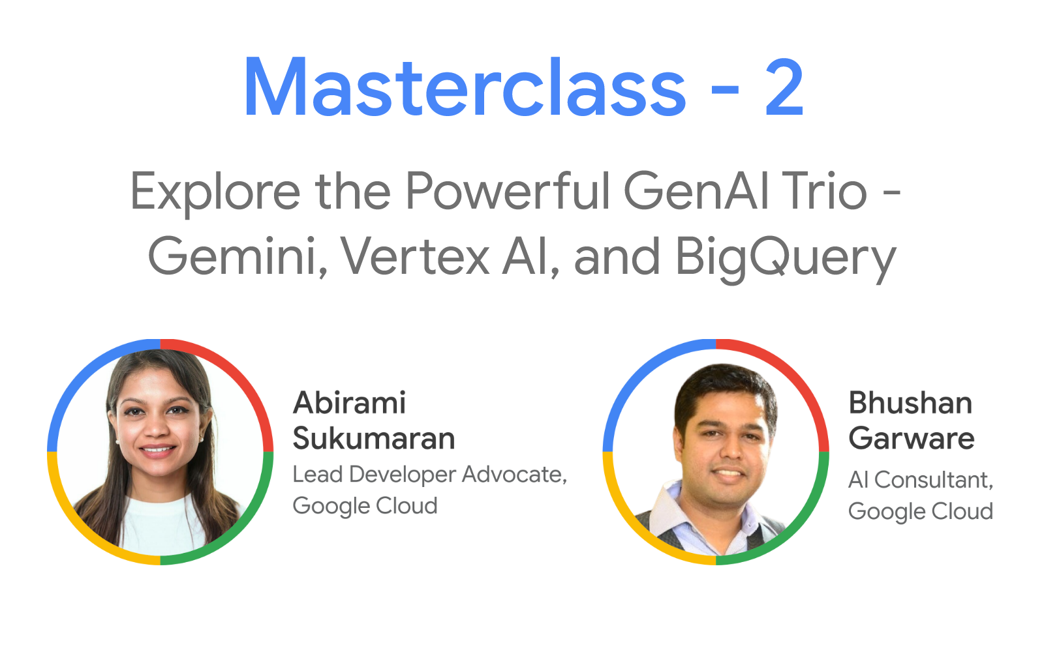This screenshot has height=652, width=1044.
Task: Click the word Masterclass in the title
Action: click(x=465, y=88)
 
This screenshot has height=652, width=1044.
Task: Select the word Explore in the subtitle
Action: click(x=215, y=192)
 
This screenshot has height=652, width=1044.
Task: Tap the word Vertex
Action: click(x=415, y=256)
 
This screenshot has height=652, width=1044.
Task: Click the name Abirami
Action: click(x=350, y=403)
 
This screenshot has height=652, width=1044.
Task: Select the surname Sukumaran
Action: click(x=373, y=438)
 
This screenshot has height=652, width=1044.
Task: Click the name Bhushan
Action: click(x=910, y=403)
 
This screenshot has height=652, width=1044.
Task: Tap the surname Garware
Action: click(x=911, y=438)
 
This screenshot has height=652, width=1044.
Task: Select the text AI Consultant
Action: click(x=920, y=480)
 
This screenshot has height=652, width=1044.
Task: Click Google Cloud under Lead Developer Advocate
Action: click(x=365, y=506)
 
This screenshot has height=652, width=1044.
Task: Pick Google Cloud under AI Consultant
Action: click(x=920, y=511)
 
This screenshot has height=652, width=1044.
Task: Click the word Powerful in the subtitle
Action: click(x=508, y=191)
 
